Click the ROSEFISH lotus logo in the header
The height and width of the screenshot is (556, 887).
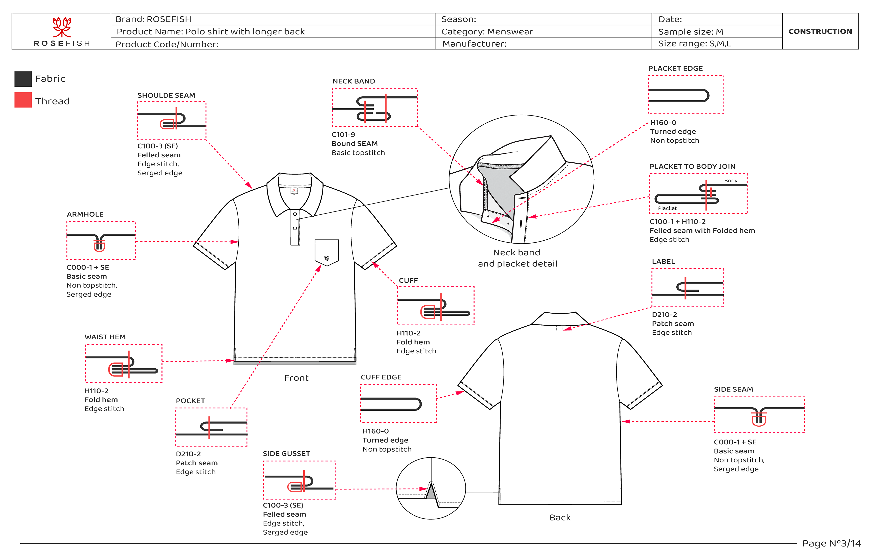coord(61,27)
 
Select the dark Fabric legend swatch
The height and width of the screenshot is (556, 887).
coord(23,79)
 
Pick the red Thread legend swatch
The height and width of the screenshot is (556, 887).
coord(23,100)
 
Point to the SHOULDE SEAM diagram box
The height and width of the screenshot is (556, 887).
coord(171,121)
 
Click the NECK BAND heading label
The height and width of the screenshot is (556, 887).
coord(354,81)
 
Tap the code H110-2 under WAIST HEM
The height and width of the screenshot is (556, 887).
coord(96,391)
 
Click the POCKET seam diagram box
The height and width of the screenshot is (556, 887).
coord(211,427)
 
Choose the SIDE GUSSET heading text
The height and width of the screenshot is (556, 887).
coord(286,454)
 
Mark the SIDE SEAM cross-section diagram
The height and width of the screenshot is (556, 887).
coord(759,415)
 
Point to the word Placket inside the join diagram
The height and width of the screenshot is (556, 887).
coord(667,208)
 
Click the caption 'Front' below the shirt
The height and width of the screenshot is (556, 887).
coord(296,378)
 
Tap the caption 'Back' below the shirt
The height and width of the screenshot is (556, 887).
coord(560,518)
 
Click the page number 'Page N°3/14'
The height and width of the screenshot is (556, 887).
coord(832,544)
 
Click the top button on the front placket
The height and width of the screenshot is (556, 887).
coord(295,214)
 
